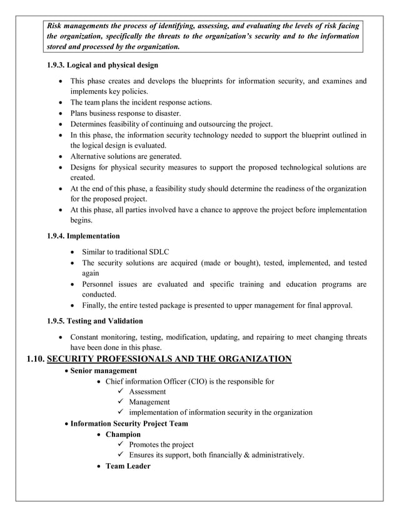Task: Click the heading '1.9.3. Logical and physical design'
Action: pyautogui.click(x=102, y=65)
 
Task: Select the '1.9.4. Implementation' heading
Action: pyautogui.click(x=83, y=236)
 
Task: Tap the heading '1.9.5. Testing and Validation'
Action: pyautogui.click(x=95, y=322)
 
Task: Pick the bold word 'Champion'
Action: pyautogui.click(x=123, y=434)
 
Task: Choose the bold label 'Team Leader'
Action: pyautogui.click(x=128, y=466)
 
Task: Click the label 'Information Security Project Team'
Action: pyautogui.click(x=129, y=423)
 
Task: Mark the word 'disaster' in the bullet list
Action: pyautogui.click(x=149, y=113)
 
